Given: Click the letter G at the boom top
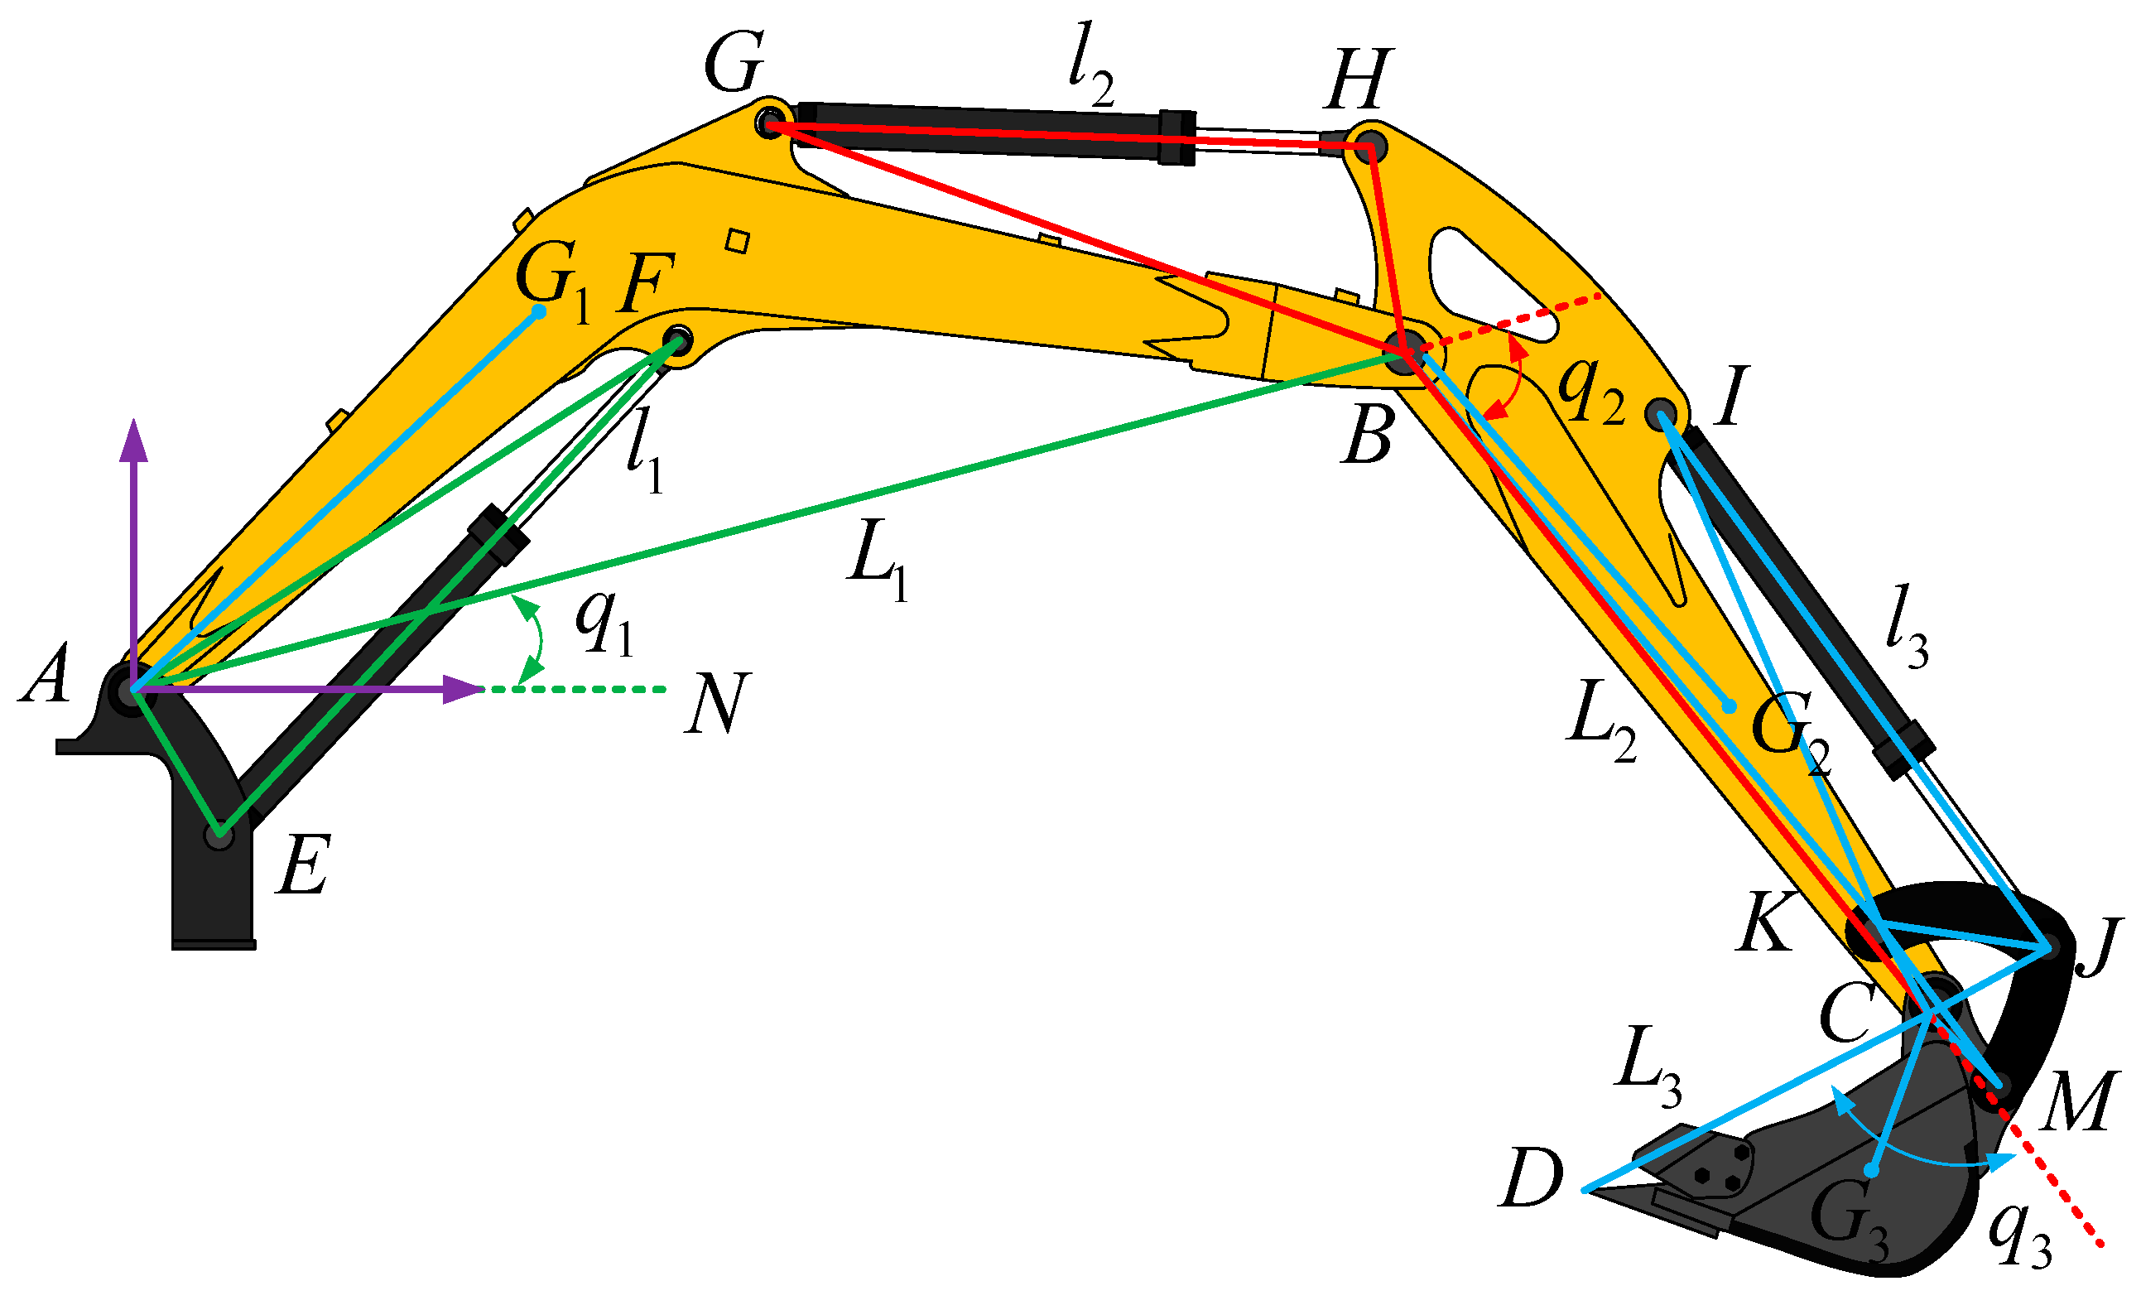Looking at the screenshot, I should click(x=734, y=63).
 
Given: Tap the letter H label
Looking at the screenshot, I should click(x=1358, y=80).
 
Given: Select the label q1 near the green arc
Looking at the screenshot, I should click(x=604, y=625).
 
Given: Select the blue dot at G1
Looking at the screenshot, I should click(x=539, y=311).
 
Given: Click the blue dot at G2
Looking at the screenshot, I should click(x=1730, y=706).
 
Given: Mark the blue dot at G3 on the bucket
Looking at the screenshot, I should click(x=1873, y=1171).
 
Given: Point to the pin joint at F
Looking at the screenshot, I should click(x=678, y=339).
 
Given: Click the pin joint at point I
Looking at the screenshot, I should click(x=1662, y=413).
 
